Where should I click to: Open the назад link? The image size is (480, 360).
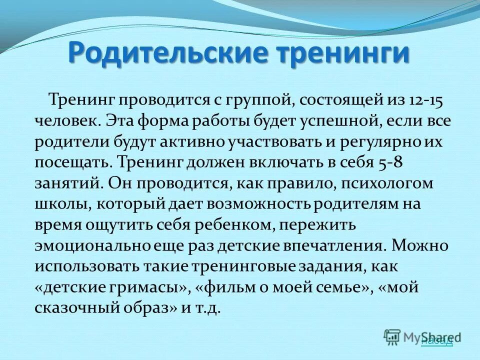(437, 341)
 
